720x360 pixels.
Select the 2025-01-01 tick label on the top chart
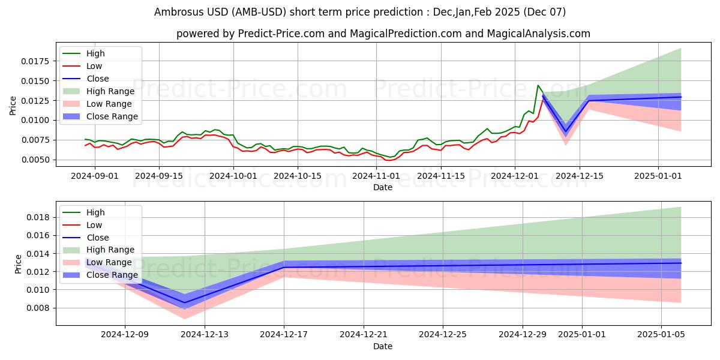pos(658,176)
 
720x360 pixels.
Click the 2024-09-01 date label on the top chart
pos(94,176)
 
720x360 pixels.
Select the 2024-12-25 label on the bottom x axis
pos(443,334)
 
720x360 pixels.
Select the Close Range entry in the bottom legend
pos(112,275)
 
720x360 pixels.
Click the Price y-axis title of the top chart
pos(13,106)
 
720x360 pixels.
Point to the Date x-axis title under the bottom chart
pos(383,346)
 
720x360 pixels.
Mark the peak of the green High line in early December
pos(538,85)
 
